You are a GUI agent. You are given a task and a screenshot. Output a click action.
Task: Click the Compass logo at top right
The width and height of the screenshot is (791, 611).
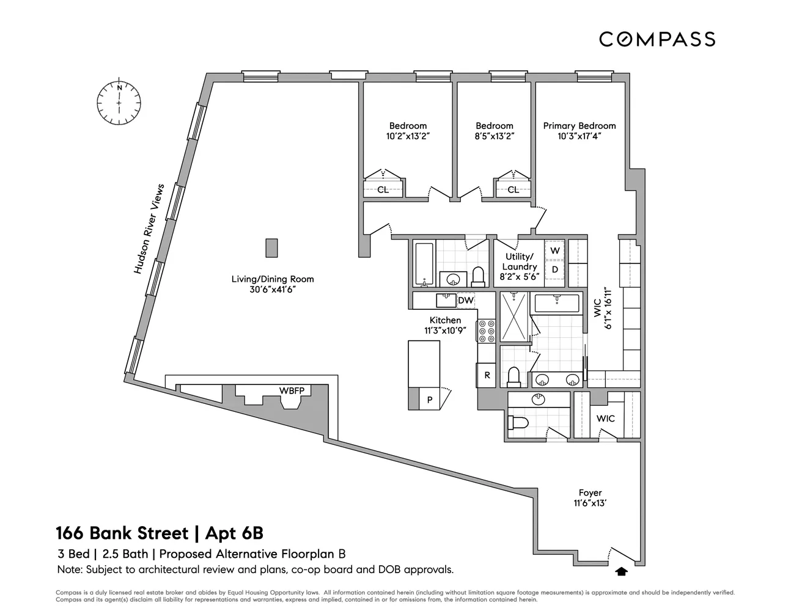coord(657,39)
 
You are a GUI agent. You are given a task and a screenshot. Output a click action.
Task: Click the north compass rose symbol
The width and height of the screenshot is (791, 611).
coord(119,102)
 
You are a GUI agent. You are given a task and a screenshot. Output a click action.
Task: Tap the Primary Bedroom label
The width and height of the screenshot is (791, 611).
coord(579,126)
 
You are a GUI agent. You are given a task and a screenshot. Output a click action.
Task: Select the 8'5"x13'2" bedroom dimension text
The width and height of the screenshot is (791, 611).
coord(495,136)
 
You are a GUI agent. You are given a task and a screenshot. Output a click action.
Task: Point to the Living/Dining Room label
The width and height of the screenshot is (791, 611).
coord(273,279)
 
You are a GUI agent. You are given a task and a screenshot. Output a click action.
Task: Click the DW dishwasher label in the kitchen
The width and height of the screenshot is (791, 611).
coord(466,301)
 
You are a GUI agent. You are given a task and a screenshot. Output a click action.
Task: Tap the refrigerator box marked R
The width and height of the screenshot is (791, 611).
coord(487,375)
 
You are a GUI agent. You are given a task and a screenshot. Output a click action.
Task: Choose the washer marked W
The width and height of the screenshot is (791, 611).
coord(555,251)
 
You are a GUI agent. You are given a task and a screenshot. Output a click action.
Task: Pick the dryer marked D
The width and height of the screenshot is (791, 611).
coord(555,269)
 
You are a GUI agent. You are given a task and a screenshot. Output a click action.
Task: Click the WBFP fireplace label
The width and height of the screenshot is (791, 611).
coord(292,390)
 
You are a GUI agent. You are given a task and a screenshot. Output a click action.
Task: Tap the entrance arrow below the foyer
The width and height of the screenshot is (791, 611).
coord(622,572)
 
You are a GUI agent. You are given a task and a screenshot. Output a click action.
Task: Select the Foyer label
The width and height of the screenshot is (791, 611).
coord(590,493)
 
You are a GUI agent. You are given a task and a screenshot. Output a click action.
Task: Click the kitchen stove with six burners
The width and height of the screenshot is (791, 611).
coord(487,331)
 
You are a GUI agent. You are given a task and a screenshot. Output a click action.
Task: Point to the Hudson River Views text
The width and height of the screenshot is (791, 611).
coord(149,229)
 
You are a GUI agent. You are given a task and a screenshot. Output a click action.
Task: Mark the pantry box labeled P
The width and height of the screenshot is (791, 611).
coord(430,399)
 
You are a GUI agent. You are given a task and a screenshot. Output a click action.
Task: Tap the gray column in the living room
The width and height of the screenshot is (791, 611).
coord(271,248)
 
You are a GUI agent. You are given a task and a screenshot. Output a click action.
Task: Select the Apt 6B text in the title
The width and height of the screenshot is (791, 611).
coord(234,533)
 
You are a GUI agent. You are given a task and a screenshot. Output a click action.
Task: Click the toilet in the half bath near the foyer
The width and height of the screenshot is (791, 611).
coord(518,423)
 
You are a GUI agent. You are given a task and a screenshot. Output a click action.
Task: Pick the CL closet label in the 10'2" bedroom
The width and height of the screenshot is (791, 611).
coord(383,189)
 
